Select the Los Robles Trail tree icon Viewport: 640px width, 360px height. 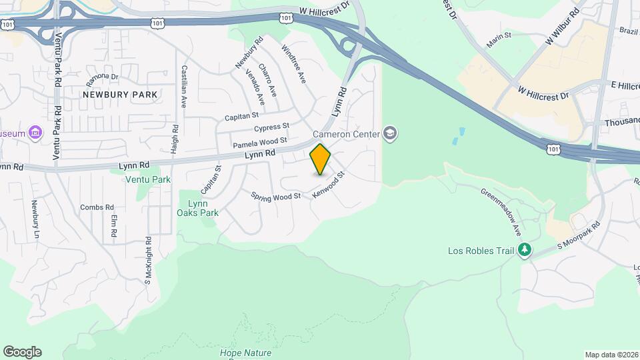[x=526, y=250]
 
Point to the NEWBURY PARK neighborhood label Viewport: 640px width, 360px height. [x=121, y=95]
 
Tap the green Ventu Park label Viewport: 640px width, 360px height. [x=149, y=179]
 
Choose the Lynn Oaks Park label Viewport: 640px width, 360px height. [x=198, y=208]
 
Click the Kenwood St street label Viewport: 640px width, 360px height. [x=333, y=187]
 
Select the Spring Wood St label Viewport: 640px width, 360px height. [x=277, y=196]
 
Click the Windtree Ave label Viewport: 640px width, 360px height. [x=293, y=64]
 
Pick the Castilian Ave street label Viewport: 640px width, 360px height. [x=183, y=87]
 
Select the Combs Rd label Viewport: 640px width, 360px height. [x=97, y=207]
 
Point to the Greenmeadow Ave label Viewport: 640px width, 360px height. [x=500, y=211]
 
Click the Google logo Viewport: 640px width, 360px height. [x=22, y=352]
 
